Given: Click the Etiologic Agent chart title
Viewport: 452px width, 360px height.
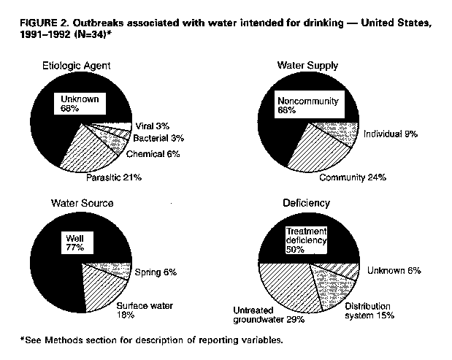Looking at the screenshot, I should click(x=76, y=66).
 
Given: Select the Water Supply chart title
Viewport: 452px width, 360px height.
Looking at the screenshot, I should click(x=307, y=66).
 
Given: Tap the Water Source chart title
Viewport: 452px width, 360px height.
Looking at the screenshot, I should click(x=81, y=202).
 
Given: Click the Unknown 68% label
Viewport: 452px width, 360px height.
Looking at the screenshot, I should click(x=80, y=103).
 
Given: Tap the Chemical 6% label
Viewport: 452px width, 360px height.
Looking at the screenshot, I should click(x=153, y=154).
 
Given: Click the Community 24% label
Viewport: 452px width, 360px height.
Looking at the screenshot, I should click(x=352, y=177).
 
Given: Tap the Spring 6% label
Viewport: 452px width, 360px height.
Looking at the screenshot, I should click(x=156, y=272).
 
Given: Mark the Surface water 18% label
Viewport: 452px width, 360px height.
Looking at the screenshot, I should click(x=145, y=311).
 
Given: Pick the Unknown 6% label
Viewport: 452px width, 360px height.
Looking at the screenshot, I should click(x=393, y=269).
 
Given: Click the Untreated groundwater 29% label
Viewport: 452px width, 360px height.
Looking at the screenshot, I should click(x=269, y=314).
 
